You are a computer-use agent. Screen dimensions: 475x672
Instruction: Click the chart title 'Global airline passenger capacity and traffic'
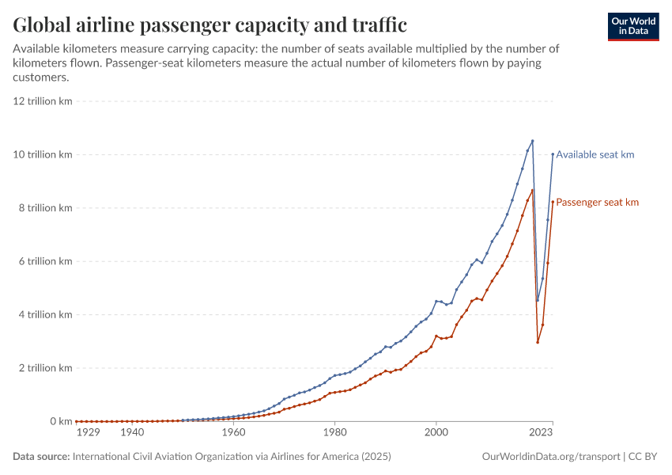210,25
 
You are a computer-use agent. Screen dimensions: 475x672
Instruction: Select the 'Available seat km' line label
595,155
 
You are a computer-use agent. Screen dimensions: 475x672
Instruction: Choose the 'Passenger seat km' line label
597,203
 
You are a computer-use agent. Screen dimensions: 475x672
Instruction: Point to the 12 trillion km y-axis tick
43,101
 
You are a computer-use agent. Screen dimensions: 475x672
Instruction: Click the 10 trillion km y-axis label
43,154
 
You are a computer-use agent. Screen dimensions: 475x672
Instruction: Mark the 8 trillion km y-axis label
45,208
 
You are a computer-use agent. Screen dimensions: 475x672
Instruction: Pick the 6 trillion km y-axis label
45,261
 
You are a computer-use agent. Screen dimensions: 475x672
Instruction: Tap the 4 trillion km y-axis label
45,315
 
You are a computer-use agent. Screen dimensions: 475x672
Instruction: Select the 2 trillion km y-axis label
45,368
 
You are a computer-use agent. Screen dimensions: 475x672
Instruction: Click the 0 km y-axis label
60,421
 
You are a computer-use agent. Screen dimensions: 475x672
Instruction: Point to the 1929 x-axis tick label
88,433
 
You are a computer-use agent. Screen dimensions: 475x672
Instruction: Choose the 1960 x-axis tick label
233,433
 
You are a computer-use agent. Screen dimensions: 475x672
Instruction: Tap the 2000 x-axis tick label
436,433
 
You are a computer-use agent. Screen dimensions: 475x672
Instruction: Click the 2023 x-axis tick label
542,433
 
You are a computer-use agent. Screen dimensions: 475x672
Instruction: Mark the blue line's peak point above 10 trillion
532,141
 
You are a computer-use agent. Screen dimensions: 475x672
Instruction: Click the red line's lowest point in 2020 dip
538,342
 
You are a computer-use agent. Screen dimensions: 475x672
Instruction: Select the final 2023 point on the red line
553,201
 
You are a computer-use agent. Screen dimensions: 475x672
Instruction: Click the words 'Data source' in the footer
41,457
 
